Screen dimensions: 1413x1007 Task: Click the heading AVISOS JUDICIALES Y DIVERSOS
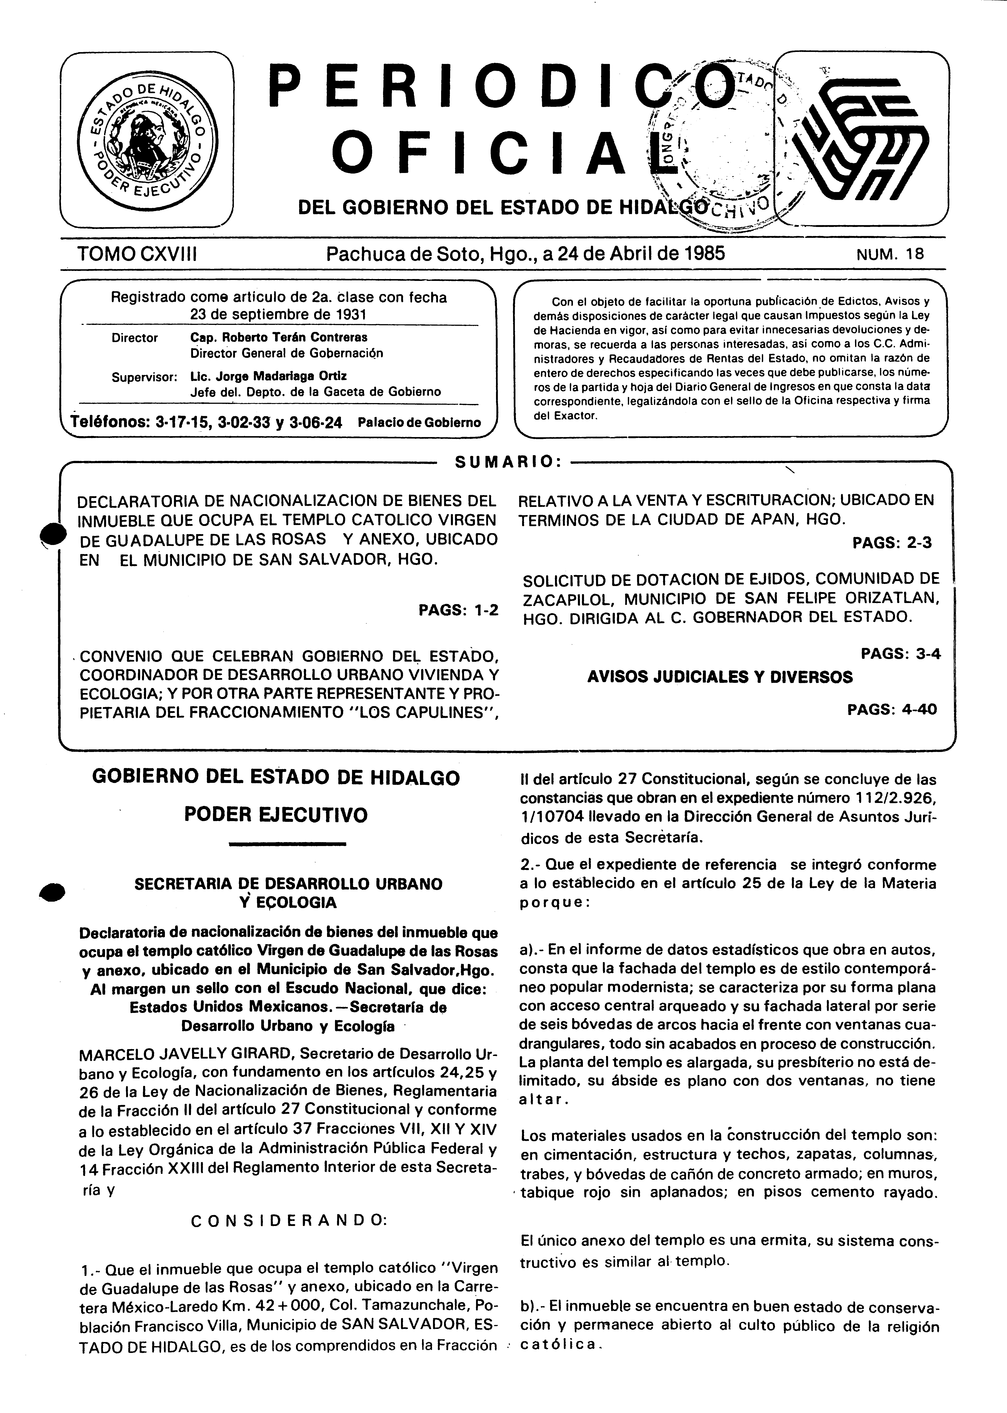(x=719, y=677)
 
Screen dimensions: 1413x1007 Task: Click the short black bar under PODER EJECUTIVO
(x=287, y=843)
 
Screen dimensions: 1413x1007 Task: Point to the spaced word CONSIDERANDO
(x=289, y=1220)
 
